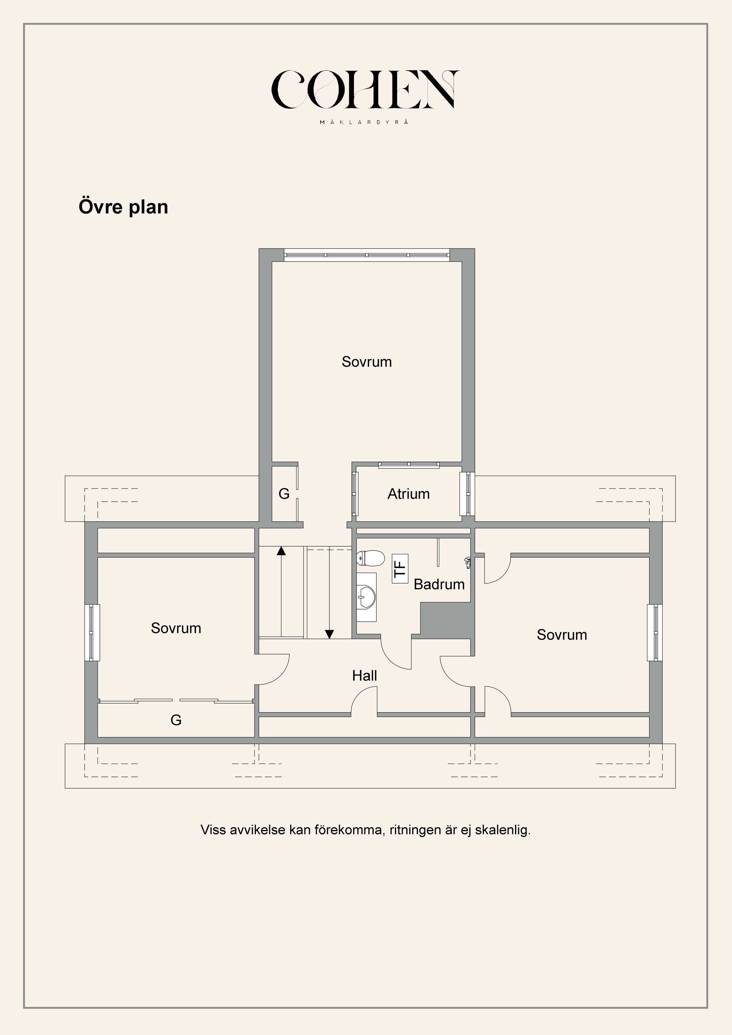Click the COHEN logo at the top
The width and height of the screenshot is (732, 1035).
tap(365, 90)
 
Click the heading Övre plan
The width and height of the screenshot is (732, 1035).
tap(123, 207)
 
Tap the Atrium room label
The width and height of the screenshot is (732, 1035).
tap(408, 494)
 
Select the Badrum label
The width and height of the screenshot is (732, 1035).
tap(439, 584)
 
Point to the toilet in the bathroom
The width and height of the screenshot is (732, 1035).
tap(370, 558)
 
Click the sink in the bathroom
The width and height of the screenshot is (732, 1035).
tap(366, 596)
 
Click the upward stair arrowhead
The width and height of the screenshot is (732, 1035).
tap(281, 550)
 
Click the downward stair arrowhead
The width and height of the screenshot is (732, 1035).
tap(329, 634)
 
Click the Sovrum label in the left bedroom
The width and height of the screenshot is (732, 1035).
tap(176, 628)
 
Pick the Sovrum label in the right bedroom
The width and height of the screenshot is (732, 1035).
tap(562, 635)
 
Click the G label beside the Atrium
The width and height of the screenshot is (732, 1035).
tap(284, 494)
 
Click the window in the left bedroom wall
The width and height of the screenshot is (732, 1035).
tap(92, 632)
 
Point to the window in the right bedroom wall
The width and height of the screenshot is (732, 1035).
tap(655, 632)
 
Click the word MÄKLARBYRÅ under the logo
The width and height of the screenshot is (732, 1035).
tap(364, 122)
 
